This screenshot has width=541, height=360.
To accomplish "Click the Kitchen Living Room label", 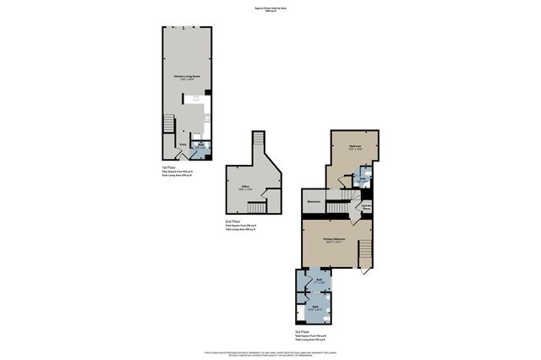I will [x=186, y=77].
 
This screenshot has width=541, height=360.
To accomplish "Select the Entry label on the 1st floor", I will [x=182, y=145].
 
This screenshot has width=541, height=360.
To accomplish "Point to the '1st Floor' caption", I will [x=168, y=167].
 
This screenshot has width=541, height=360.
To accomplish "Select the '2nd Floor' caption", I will [x=232, y=221].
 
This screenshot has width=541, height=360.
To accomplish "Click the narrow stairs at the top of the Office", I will [x=260, y=144].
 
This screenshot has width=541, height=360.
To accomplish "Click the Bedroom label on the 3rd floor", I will [x=355, y=148].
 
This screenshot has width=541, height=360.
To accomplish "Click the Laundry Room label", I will [x=368, y=207].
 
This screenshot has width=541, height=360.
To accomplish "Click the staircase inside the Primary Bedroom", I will [x=365, y=253].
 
